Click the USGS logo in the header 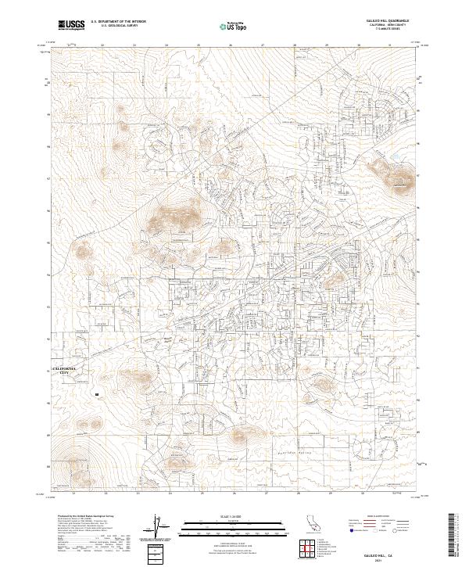pyautogui.click(x=72, y=26)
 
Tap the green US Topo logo pyautogui.click(x=225, y=26)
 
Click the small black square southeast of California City pyautogui.click(x=96, y=395)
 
